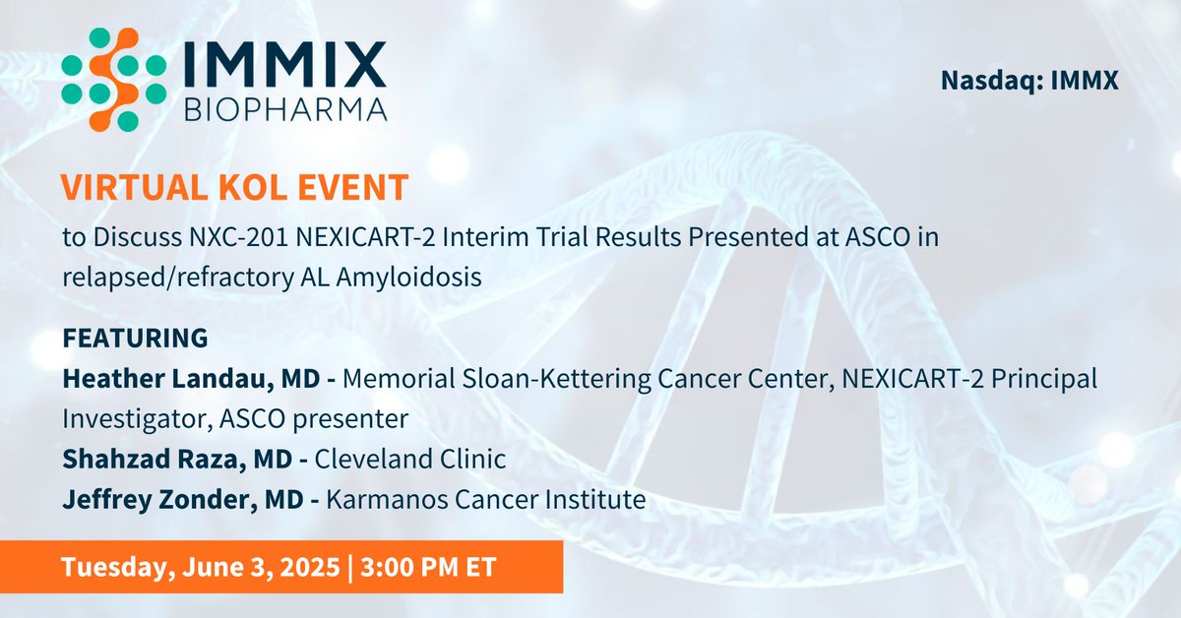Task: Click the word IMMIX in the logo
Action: [x=285, y=64]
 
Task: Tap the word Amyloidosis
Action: [x=408, y=278]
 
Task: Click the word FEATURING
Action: [x=135, y=338]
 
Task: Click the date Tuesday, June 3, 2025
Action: [x=197, y=568]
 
